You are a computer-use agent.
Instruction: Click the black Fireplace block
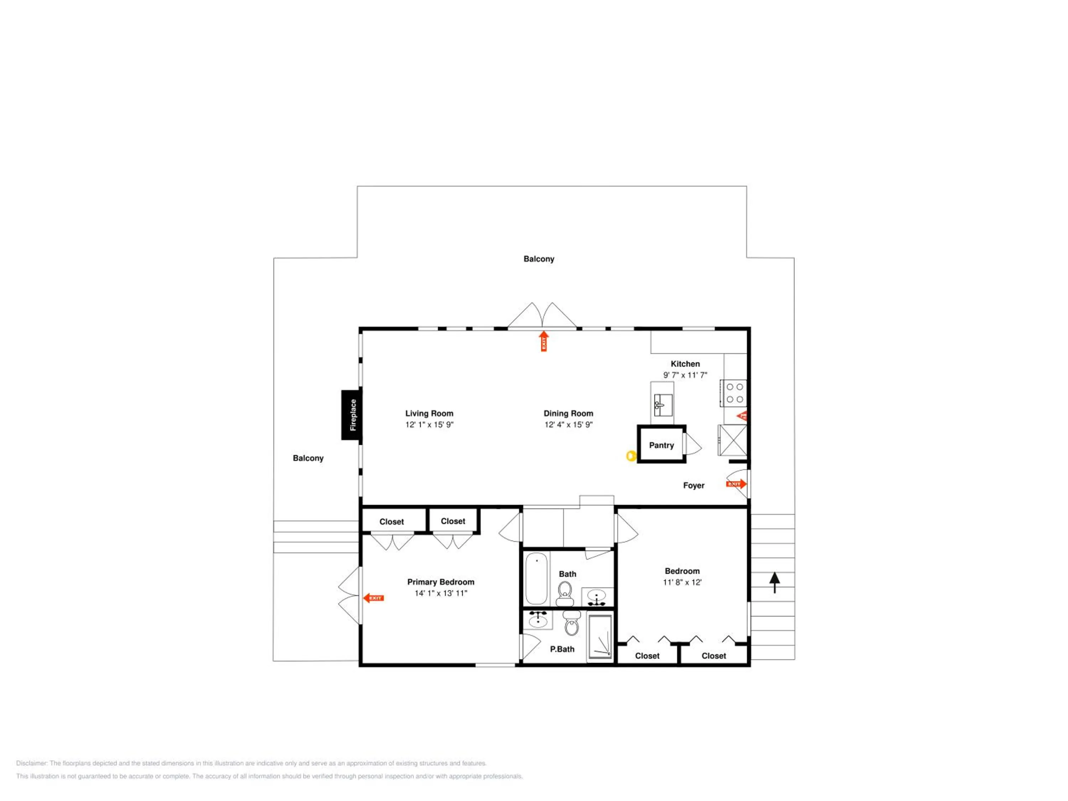pyautogui.click(x=351, y=415)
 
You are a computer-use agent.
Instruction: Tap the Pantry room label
pyautogui.click(x=661, y=445)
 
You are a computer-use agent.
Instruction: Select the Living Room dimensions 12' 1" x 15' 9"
pyautogui.click(x=429, y=425)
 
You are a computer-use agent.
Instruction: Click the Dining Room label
pyautogui.click(x=568, y=413)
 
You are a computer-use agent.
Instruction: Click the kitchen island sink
pyautogui.click(x=663, y=405)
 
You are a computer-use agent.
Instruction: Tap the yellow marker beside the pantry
pyautogui.click(x=630, y=455)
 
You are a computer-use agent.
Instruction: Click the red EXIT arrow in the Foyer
pyautogui.click(x=736, y=484)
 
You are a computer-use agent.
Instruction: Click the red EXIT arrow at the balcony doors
pyautogui.click(x=544, y=341)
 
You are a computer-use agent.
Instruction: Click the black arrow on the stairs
pyautogui.click(x=774, y=583)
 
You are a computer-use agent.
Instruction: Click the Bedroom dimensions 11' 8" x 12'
pyautogui.click(x=682, y=582)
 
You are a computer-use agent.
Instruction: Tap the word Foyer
pyautogui.click(x=694, y=486)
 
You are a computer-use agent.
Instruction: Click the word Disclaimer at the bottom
pyautogui.click(x=31, y=763)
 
